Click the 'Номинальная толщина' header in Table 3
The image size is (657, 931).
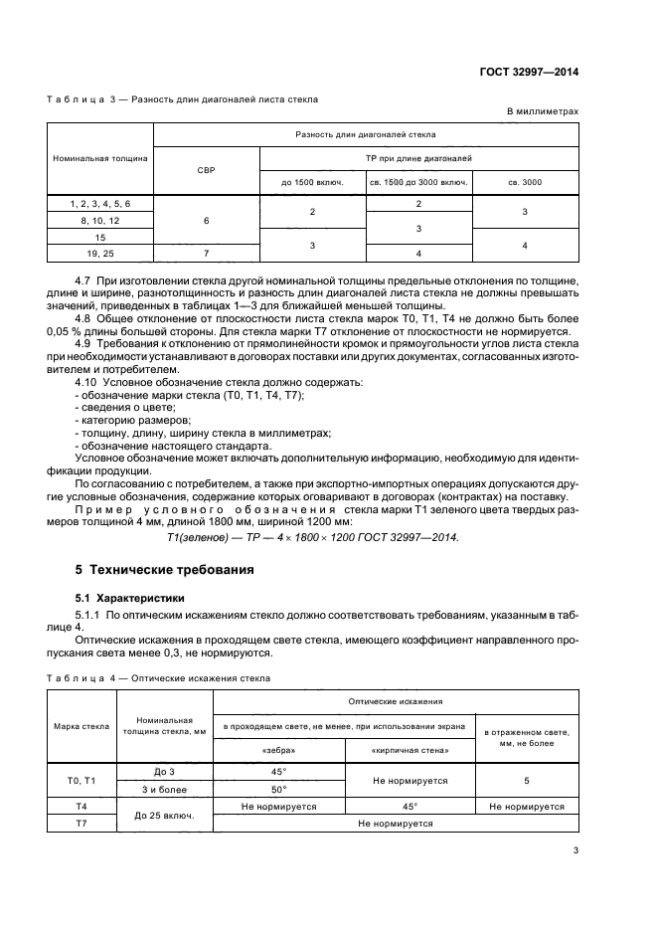click(101, 157)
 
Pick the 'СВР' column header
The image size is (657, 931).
click(207, 170)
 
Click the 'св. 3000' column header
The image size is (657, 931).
click(526, 182)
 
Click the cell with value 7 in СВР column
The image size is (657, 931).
click(207, 254)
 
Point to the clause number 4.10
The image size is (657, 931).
click(89, 382)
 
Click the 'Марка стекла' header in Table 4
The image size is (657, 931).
click(84, 726)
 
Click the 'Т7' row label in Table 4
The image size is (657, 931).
click(84, 824)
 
